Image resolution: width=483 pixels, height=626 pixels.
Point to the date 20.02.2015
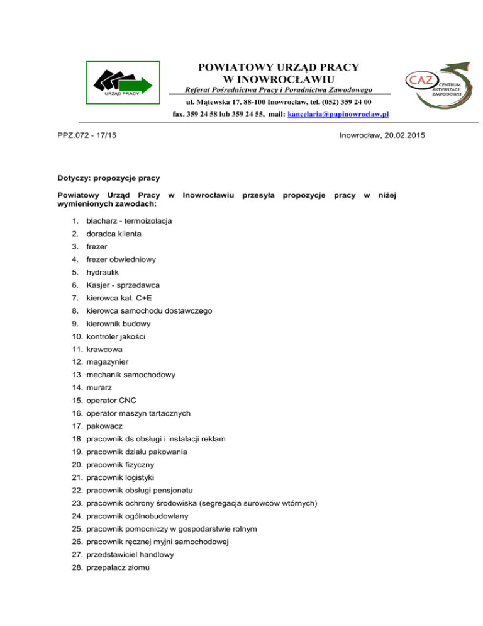click(x=395, y=135)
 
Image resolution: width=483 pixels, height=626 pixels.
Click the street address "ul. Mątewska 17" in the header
click(x=214, y=102)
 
